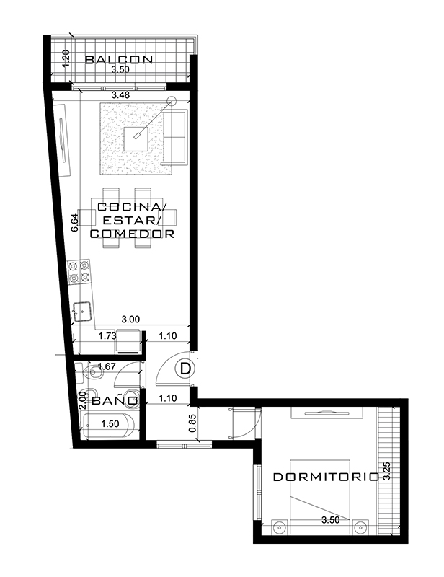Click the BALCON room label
point(119,59)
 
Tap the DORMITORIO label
point(327,477)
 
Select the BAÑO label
point(115,400)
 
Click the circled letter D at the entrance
point(185,369)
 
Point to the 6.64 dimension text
point(74,222)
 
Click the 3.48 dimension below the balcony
point(120,95)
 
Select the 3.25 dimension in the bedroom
point(386,472)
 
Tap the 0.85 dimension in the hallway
point(192,423)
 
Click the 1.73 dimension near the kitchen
point(107,335)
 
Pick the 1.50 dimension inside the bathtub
point(110,423)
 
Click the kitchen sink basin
point(83,312)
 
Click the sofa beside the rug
point(174,137)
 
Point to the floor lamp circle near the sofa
point(171,100)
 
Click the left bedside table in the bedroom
point(280,527)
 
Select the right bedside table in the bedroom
point(360,527)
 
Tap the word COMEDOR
point(132,234)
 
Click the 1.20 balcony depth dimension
point(66,59)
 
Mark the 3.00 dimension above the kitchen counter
point(130,319)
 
